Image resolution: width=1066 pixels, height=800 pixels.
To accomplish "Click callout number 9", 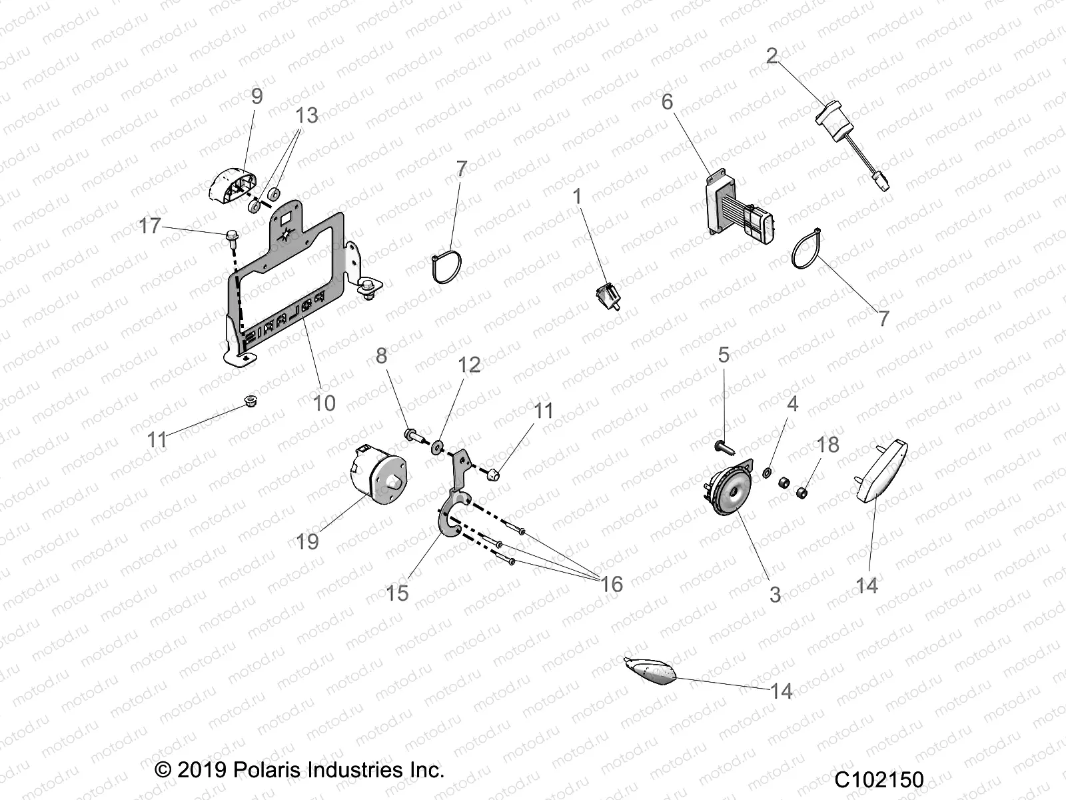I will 257,96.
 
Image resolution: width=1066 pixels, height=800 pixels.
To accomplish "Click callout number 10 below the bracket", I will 324,402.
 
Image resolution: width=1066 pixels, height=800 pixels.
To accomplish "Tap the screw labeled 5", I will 722,445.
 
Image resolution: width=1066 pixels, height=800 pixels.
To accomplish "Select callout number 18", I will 827,444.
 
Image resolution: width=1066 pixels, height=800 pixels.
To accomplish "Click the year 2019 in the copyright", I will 203,771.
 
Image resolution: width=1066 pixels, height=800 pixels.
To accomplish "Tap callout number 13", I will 306,115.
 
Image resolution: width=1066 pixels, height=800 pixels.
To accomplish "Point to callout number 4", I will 792,404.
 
